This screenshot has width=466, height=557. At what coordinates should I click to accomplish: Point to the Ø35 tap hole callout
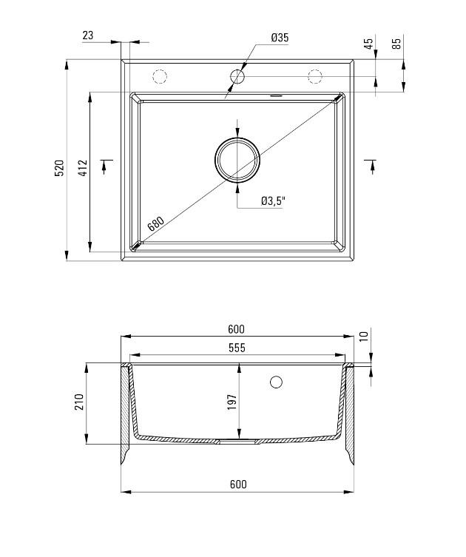(x=280, y=37)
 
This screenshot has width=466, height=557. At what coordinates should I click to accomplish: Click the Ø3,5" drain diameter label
(x=274, y=200)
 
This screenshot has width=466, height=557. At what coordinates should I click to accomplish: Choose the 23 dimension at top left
(x=88, y=35)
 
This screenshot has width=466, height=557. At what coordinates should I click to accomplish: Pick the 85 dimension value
(x=396, y=43)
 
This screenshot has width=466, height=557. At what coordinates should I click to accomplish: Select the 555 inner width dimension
(x=237, y=348)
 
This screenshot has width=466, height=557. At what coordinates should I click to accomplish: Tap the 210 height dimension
(x=79, y=402)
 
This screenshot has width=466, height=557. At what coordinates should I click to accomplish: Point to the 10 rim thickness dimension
(x=363, y=337)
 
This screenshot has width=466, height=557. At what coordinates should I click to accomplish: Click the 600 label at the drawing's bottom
(x=237, y=485)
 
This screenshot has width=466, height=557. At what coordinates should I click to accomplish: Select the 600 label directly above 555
(x=237, y=329)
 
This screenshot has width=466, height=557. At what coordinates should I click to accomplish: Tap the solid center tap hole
(x=237, y=75)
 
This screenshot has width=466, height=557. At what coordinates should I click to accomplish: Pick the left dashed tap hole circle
(x=160, y=75)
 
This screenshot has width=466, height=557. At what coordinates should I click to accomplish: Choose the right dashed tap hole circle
(x=315, y=75)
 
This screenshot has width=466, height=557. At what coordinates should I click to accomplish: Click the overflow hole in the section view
(x=277, y=382)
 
